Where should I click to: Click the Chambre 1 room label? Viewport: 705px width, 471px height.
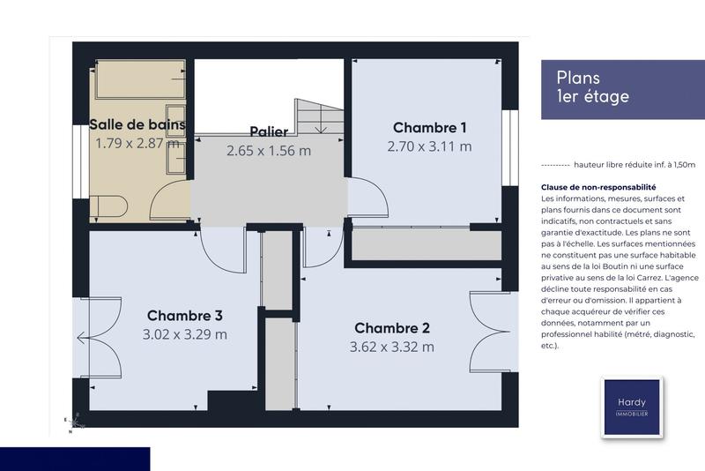(x=429, y=127)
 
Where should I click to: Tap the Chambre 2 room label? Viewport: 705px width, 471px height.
(x=391, y=328)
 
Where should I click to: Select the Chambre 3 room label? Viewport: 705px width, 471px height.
(x=184, y=315)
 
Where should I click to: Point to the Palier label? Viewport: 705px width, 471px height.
(x=269, y=131)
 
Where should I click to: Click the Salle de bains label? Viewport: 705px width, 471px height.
(x=137, y=123)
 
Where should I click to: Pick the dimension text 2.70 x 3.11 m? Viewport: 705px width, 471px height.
(x=429, y=146)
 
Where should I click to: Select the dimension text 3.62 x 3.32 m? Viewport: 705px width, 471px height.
(x=391, y=347)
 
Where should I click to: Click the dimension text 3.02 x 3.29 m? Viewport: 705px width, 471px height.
(x=184, y=334)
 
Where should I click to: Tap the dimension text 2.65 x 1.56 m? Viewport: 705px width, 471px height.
(x=269, y=150)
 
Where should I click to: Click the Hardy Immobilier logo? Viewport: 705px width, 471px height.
(x=631, y=407)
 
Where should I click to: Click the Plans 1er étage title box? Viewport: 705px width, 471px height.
(x=622, y=88)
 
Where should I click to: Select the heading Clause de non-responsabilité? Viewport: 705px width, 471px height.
(x=598, y=188)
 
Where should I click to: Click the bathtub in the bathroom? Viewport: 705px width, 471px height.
(x=139, y=80)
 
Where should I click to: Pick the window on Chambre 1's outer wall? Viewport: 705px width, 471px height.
(x=508, y=147)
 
